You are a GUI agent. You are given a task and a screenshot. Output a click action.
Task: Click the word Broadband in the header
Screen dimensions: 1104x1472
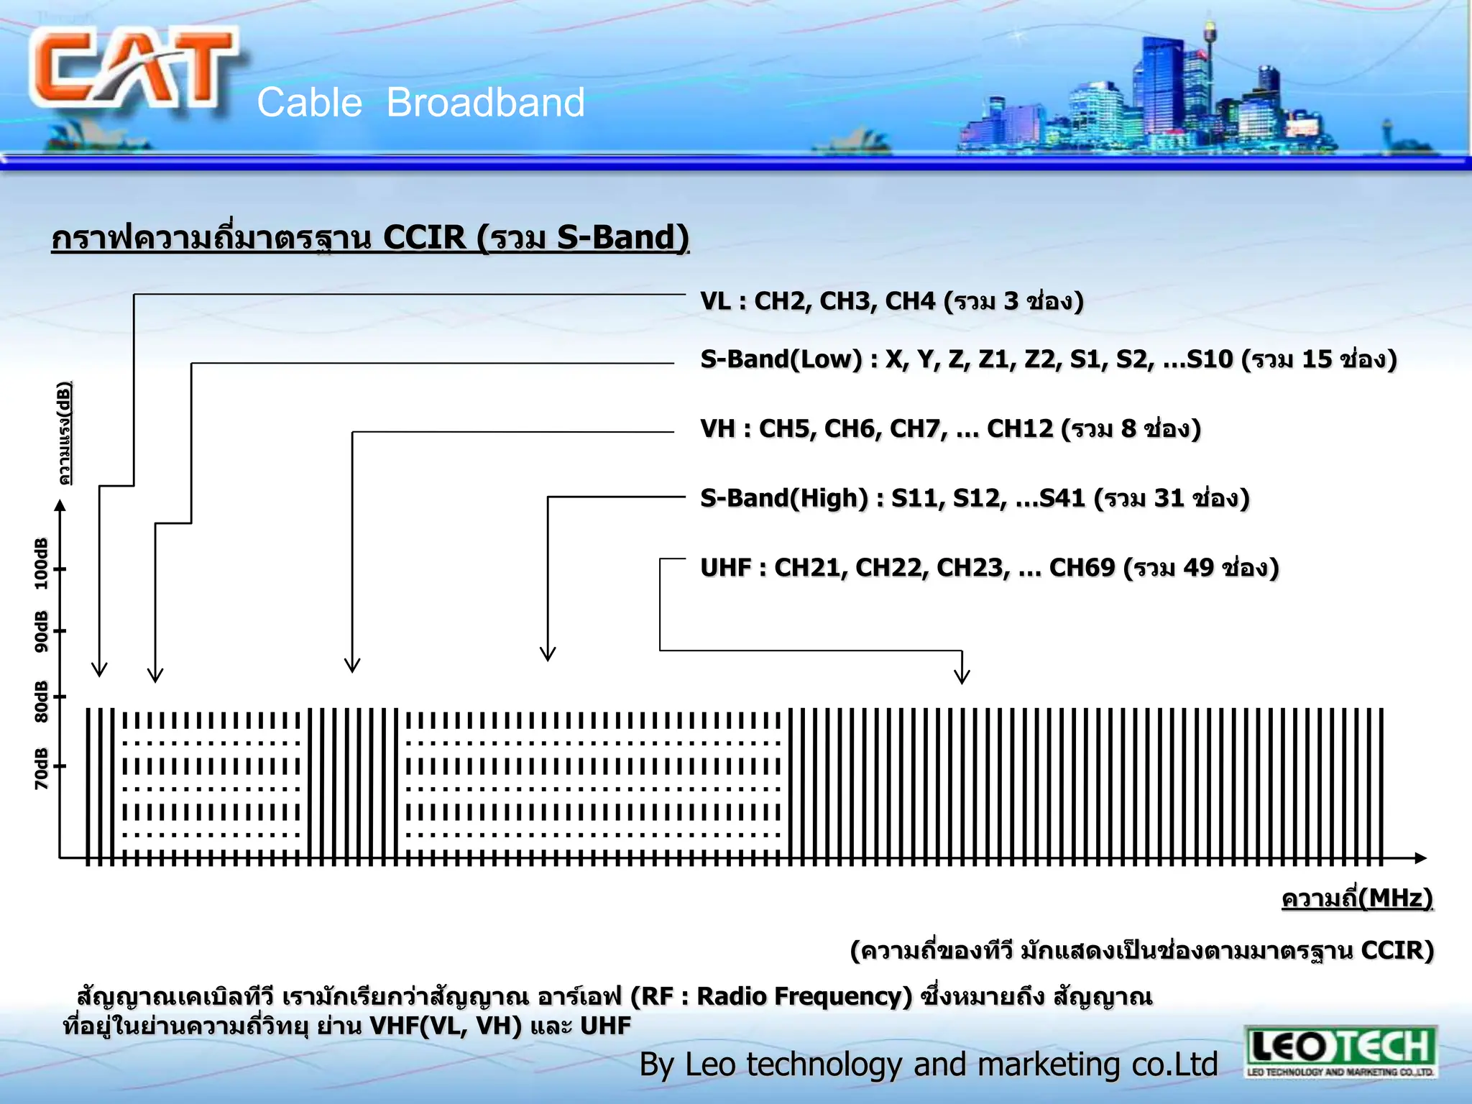[486, 103]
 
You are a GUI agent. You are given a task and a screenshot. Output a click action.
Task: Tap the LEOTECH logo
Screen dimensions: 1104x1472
[1340, 1051]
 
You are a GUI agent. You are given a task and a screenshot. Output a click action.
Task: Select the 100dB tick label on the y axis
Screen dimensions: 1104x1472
[42, 563]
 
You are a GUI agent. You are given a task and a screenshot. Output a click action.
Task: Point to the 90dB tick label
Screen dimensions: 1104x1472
[42, 631]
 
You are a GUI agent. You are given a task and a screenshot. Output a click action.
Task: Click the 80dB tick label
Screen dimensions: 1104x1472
[42, 701]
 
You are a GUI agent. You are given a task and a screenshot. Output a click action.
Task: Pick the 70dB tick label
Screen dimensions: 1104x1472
[42, 768]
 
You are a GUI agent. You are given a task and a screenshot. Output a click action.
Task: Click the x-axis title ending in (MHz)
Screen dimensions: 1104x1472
[1357, 898]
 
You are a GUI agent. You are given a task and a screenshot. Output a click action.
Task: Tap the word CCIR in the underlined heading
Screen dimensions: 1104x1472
[424, 238]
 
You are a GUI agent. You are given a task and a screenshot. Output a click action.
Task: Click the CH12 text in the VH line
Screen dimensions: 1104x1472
[1019, 429]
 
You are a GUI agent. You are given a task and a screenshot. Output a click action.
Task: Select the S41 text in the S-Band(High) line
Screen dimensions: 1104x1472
[1062, 498]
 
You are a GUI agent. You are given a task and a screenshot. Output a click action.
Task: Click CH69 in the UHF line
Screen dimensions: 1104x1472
[1082, 568]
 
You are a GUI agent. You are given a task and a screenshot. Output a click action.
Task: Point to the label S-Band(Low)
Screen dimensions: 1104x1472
[781, 359]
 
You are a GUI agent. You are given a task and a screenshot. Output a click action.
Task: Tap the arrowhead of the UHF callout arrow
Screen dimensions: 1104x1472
[962, 677]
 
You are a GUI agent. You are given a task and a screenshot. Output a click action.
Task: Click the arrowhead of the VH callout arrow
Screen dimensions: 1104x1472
[352, 666]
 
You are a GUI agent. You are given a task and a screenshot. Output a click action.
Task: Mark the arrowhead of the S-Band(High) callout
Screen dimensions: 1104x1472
[548, 654]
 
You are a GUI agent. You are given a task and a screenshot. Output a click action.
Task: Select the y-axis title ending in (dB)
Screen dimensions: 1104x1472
[65, 433]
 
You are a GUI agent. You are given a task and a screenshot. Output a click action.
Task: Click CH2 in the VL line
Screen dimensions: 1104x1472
[779, 301]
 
